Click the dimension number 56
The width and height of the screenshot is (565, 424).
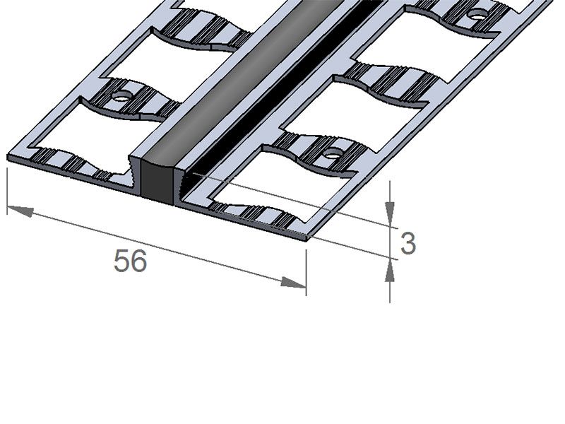coord(131,261)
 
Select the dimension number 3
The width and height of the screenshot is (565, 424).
coord(408,244)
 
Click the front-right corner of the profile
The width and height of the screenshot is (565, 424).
coord(308,237)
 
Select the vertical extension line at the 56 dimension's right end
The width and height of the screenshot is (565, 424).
coord(306,269)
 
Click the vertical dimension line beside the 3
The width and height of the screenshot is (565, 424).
coord(390,240)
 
